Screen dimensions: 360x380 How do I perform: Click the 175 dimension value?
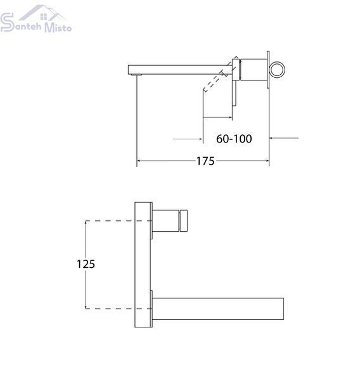coord(205,161)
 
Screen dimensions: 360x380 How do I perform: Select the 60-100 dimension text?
coord(234,139)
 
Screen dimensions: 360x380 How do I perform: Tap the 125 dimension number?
coord(86,264)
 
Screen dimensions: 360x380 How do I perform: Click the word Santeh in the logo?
coord(27,26)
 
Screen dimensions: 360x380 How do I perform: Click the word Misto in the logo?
coord(58,27)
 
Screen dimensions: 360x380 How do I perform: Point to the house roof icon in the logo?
coord(42,13)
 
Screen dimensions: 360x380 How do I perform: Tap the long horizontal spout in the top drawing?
coord(180,70)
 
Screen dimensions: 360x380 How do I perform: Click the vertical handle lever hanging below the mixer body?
coord(234,93)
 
